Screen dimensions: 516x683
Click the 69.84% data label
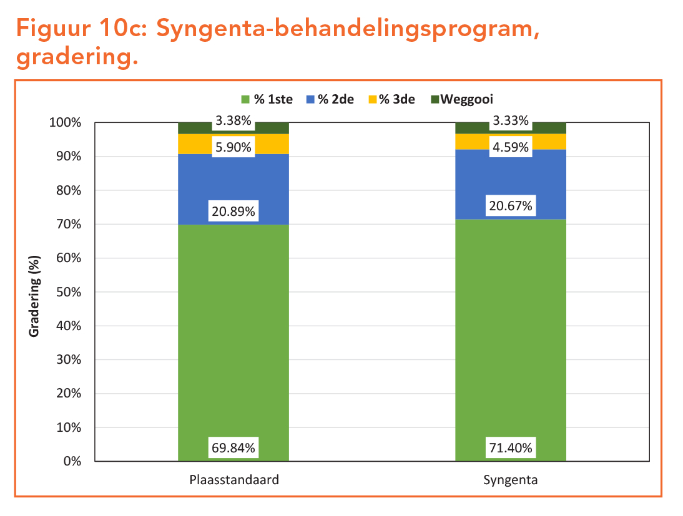(233, 447)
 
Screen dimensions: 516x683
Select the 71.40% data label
(511, 447)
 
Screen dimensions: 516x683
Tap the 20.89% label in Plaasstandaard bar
(233, 212)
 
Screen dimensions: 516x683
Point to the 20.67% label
(511, 205)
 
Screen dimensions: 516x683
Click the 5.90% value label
(233, 147)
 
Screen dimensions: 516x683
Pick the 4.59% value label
(511, 147)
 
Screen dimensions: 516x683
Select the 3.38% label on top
(233, 120)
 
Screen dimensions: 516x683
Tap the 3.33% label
(511, 120)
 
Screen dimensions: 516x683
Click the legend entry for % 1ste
(267, 99)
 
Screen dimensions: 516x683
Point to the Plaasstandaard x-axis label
(233, 480)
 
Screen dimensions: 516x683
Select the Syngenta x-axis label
(511, 480)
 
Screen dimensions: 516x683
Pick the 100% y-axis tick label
(66, 122)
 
